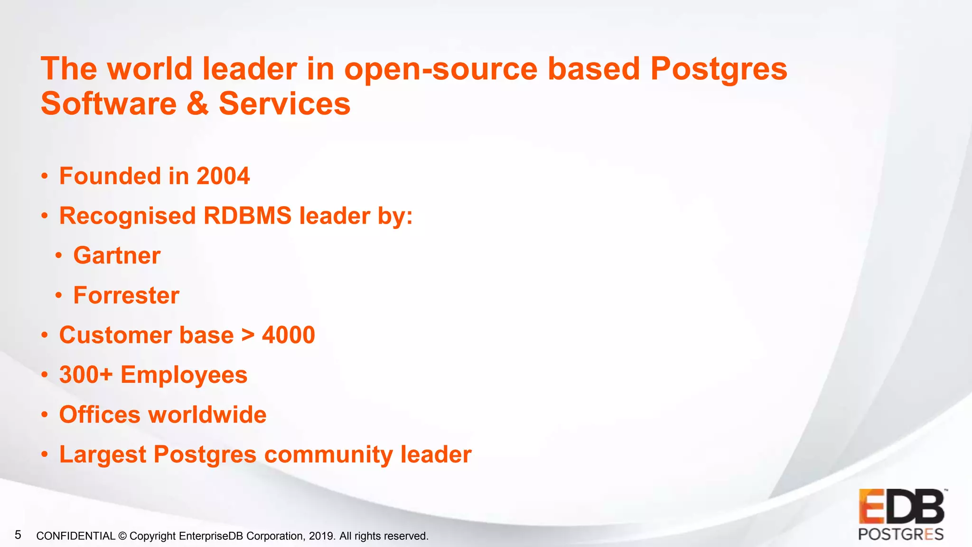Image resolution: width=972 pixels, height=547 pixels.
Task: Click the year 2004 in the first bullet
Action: click(223, 176)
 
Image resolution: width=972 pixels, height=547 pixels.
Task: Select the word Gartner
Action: click(117, 255)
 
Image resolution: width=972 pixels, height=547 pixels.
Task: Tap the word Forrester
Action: click(126, 295)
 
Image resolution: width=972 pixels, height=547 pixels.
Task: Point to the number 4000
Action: click(289, 335)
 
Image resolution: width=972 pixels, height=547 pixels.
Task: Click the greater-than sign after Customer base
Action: click(248, 335)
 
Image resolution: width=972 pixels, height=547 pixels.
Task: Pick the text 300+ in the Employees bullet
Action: click(86, 375)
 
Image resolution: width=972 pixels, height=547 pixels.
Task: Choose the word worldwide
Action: click(207, 415)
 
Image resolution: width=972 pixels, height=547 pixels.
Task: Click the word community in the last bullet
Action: click(328, 454)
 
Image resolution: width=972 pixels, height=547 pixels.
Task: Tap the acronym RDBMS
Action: click(247, 216)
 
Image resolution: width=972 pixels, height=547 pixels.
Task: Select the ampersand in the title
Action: click(197, 104)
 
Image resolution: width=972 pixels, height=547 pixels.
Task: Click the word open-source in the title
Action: click(441, 69)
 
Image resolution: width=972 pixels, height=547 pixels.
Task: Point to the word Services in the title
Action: click(284, 104)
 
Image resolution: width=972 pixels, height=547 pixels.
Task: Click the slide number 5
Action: click(18, 535)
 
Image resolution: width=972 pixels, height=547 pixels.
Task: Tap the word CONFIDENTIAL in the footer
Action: click(76, 536)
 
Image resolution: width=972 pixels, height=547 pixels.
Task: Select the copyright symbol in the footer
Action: click(122, 536)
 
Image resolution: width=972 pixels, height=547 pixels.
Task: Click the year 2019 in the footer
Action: click(321, 536)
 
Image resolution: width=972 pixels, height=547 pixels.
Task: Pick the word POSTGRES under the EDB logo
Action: click(901, 535)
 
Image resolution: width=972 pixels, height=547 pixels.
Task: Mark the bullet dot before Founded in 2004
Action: click(45, 177)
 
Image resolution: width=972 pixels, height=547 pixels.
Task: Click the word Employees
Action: click(184, 375)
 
